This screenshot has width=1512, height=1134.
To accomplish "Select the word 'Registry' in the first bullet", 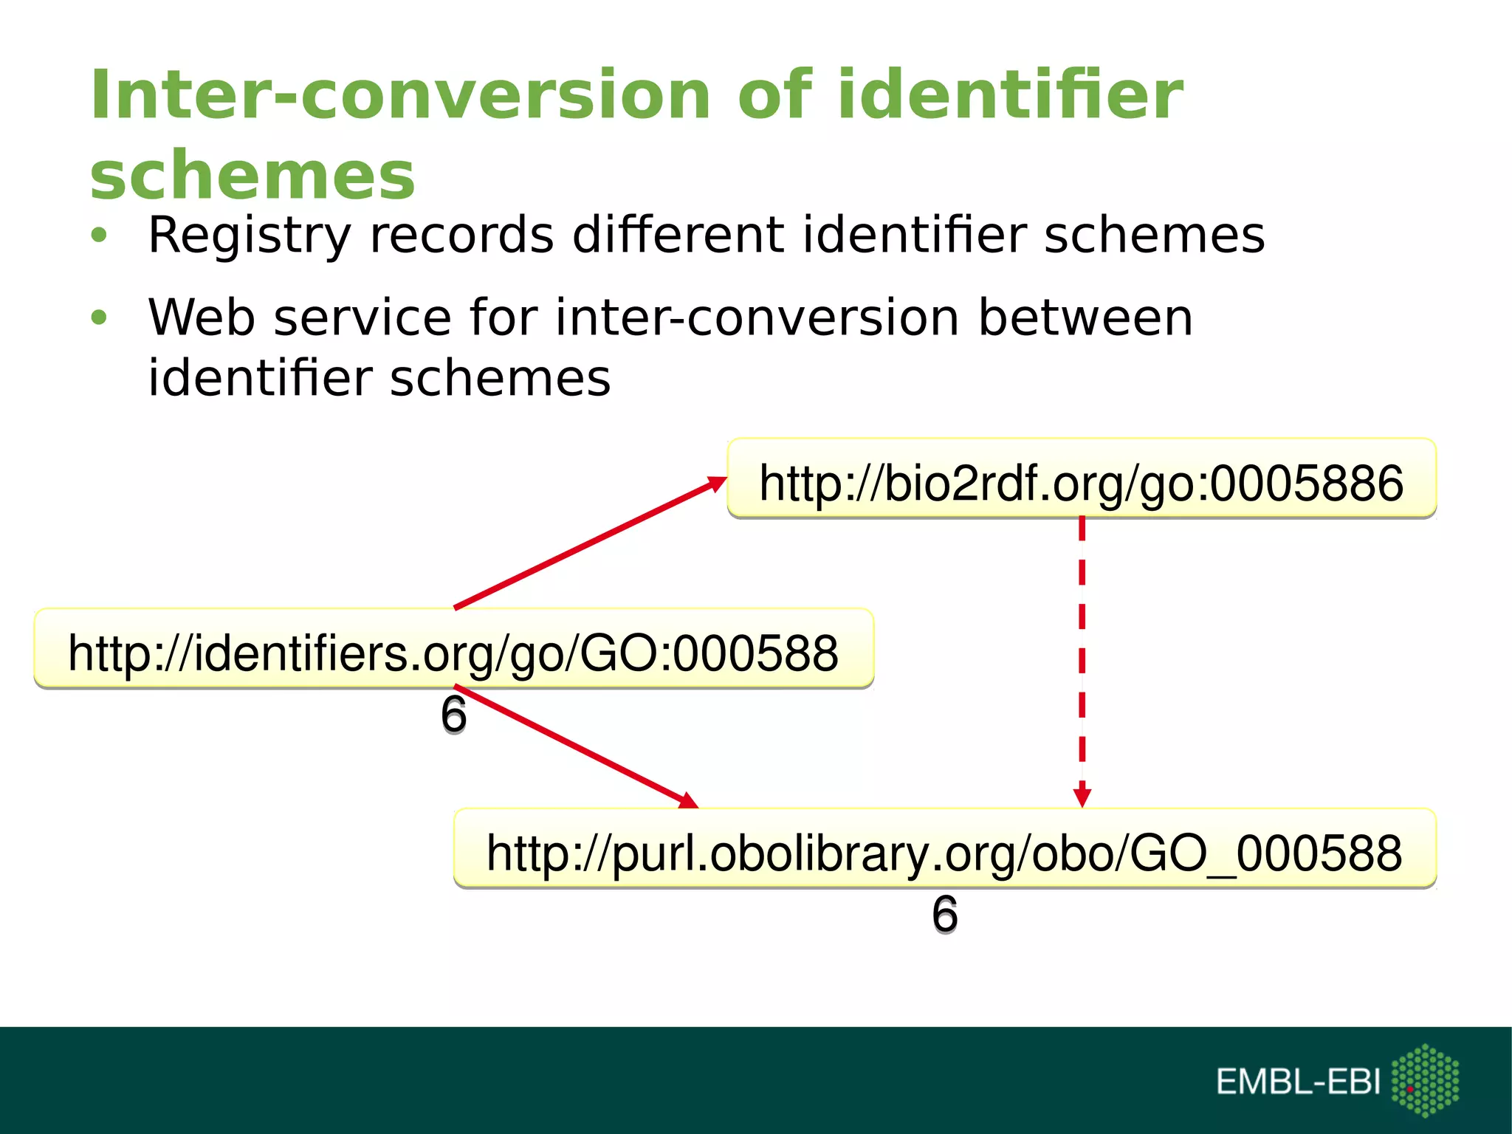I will pos(249,236).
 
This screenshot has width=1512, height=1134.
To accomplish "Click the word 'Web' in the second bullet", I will pos(202,317).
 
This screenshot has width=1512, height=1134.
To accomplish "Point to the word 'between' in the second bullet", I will pos(1085,317).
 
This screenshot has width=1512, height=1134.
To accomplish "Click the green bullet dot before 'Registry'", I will pos(99,236).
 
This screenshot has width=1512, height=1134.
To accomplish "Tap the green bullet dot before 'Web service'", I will pos(99,318).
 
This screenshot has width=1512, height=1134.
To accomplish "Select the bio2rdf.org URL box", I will pos(1081,478).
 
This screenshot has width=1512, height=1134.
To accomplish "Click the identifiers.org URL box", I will pos(453,649).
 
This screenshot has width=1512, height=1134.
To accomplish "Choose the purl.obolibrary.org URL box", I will pos(944,848).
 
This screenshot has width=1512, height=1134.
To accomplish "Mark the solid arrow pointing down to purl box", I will pos(576,747).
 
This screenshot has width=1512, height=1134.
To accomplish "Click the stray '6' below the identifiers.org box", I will pos(453,715).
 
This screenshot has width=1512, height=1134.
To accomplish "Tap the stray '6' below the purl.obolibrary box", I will pos(944,914).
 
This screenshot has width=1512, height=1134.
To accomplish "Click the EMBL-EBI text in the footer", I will pos(1297,1082).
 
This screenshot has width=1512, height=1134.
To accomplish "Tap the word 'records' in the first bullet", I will pos(461,236).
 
